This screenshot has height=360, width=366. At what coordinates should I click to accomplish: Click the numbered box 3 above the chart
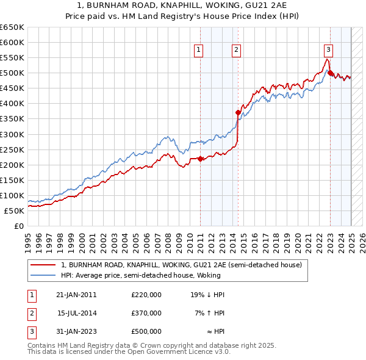[328, 50]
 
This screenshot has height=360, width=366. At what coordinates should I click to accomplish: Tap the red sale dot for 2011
[201, 159]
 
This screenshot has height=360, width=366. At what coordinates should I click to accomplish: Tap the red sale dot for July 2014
[238, 112]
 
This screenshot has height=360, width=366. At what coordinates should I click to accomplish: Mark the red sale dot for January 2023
[330, 73]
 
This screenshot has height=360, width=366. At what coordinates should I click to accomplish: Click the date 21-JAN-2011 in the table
[76, 295]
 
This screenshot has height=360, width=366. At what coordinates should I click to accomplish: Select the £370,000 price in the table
[146, 313]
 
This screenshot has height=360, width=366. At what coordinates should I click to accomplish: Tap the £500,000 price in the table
[146, 331]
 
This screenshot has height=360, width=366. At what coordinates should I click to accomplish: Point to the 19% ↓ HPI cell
[207, 295]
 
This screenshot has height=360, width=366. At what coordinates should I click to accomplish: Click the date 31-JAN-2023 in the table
[76, 331]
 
